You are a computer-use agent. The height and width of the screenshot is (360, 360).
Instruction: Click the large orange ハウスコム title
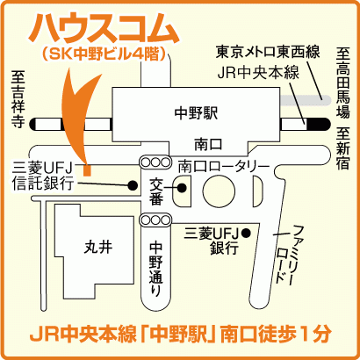click(103, 28)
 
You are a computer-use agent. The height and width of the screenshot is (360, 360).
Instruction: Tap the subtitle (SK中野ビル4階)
click(104, 54)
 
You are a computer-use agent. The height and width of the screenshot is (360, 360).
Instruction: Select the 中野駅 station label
click(196, 113)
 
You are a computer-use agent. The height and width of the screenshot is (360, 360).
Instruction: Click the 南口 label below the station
click(208, 145)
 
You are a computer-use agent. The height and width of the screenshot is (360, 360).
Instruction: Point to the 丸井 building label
click(98, 248)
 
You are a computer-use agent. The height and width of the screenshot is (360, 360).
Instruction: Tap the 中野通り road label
click(155, 269)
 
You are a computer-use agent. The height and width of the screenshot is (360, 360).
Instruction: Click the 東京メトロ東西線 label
click(268, 51)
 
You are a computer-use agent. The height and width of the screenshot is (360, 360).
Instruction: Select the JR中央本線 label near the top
click(258, 73)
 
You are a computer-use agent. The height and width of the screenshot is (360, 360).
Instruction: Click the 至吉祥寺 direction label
click(18, 99)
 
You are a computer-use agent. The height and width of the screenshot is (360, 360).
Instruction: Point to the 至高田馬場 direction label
click(342, 83)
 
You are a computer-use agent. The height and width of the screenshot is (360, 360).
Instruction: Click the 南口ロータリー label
click(223, 167)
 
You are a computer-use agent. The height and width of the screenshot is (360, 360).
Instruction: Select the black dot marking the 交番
click(183, 188)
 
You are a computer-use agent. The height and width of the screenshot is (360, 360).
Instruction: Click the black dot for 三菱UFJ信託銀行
click(133, 185)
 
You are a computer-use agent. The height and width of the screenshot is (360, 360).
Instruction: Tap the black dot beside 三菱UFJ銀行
click(246, 233)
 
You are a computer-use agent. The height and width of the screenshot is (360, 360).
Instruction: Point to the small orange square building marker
click(87, 170)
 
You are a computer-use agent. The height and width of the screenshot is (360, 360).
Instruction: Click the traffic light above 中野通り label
click(155, 220)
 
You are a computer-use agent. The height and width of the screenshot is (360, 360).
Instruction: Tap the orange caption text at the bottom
click(181, 334)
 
